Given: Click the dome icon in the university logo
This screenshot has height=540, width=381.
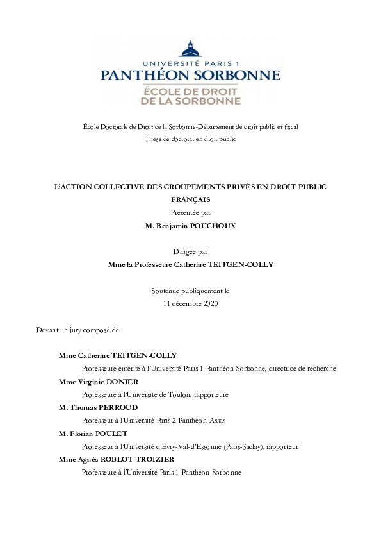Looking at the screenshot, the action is (x=190, y=49).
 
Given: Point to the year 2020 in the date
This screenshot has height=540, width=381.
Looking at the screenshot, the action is (x=209, y=303).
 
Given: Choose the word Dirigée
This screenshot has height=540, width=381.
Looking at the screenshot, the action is (x=183, y=251).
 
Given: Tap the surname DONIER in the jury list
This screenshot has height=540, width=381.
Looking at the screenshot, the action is (x=130, y=382).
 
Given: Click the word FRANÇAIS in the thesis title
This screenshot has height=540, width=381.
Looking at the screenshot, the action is (x=190, y=199).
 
